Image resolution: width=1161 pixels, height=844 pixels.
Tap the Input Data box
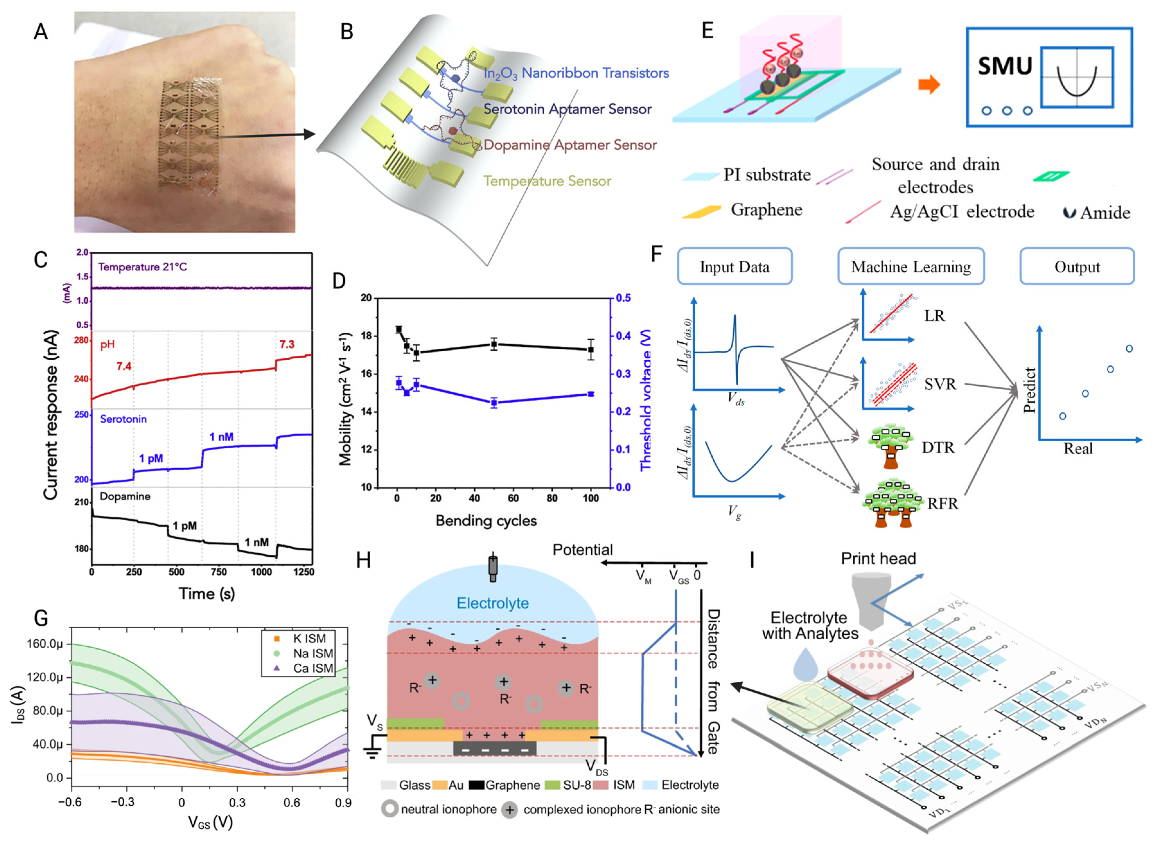tap(734, 266)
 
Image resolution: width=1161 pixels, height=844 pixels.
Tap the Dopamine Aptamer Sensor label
tap(570, 145)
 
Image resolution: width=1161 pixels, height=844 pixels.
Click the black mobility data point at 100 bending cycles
tap(591, 350)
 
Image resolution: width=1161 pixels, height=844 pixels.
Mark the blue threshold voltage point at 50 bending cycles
tap(494, 402)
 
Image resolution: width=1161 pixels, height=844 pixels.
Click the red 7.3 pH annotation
tap(287, 344)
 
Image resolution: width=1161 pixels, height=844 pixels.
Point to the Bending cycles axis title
tap(486, 521)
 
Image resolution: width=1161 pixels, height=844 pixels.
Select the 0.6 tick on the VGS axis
tap(292, 803)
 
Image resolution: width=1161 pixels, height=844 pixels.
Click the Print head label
tap(878, 558)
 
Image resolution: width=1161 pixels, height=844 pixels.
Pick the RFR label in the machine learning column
tap(942, 504)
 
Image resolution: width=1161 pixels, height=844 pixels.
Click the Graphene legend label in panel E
tap(766, 210)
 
